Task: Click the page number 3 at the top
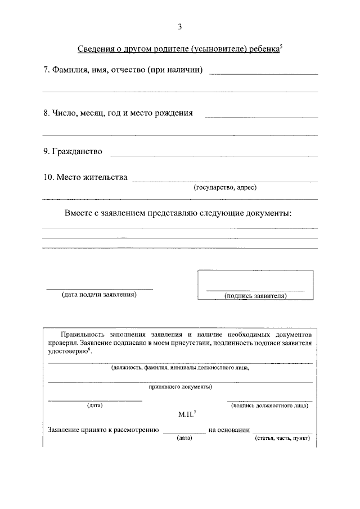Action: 179,26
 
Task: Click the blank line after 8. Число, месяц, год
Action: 261,117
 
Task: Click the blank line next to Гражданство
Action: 214,155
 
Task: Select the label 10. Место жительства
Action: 85,178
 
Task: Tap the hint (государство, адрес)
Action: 225,187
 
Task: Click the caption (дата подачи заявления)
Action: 99,294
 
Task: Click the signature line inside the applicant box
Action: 255,290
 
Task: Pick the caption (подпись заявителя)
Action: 255,295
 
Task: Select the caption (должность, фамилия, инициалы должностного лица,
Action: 180,368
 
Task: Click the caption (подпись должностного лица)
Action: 269,405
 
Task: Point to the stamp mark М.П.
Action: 186,415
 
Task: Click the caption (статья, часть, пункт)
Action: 282,438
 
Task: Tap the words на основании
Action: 229,430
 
